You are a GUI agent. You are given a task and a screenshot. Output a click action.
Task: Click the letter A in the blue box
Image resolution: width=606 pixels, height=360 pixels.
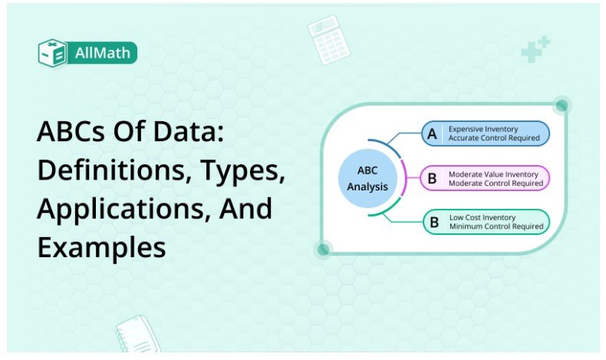[x=432, y=134]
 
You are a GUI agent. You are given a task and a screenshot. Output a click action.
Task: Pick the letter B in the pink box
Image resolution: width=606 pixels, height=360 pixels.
[x=432, y=178]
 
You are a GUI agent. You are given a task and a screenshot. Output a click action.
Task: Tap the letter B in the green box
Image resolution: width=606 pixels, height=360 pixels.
[x=433, y=222]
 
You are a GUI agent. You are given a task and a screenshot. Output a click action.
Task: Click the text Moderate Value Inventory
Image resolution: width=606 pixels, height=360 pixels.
[x=493, y=173]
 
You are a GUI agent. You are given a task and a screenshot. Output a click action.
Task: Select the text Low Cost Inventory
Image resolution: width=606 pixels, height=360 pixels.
[x=482, y=217]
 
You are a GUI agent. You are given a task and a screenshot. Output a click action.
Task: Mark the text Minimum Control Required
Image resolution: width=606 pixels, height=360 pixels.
[x=496, y=226]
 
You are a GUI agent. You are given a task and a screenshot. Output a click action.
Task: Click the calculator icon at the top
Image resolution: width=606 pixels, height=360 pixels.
[x=328, y=38]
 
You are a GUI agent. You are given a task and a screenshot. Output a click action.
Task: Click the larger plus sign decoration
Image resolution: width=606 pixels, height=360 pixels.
[x=529, y=53]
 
